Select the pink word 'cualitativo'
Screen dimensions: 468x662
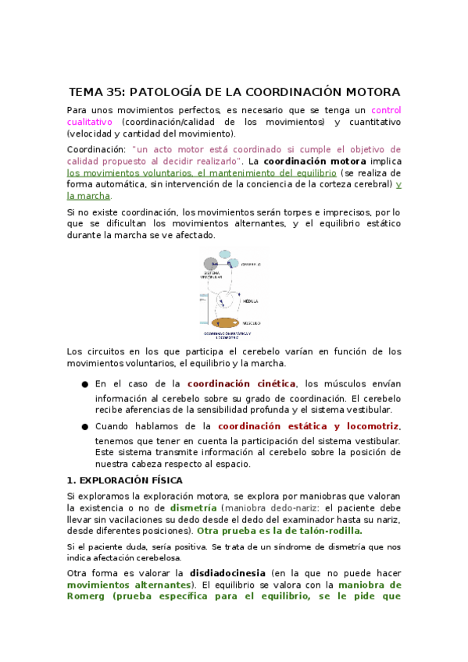pyautogui.click(x=90, y=123)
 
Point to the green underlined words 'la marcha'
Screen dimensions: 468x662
pyautogui.click(x=94, y=196)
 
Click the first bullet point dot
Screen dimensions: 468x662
pyautogui.click(x=84, y=384)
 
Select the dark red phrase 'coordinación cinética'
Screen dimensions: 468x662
pyautogui.click(x=241, y=383)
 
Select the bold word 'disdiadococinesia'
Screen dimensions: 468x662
pyautogui.click(x=227, y=572)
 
